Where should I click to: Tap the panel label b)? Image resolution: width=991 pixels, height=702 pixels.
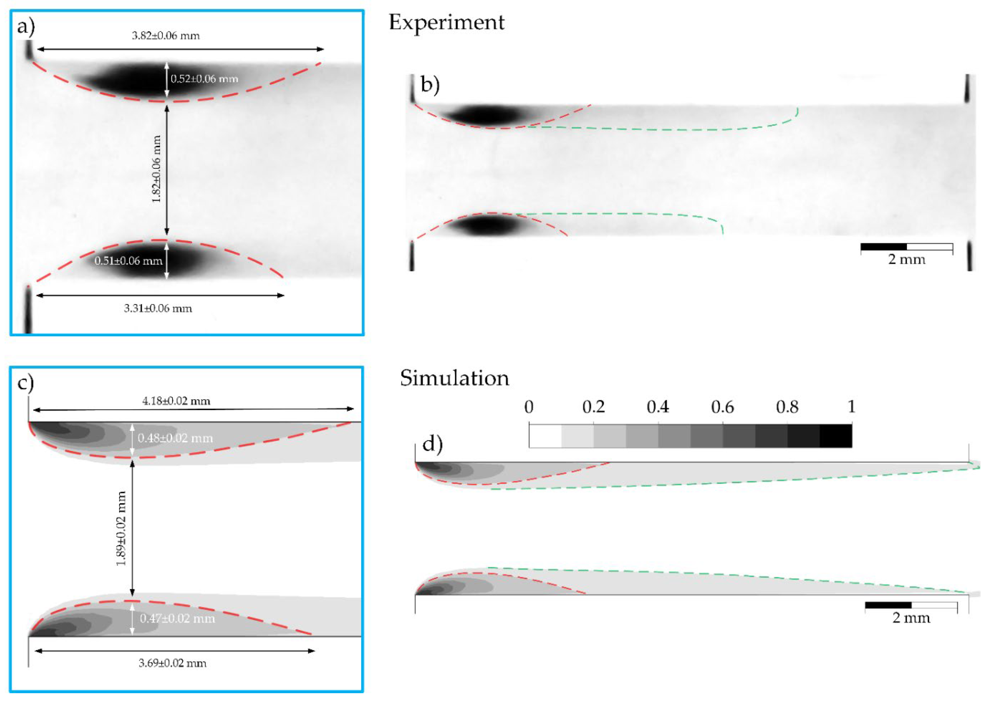[430, 85]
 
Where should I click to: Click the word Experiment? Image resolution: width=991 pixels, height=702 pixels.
[447, 22]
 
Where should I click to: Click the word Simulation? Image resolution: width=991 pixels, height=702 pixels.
[454, 378]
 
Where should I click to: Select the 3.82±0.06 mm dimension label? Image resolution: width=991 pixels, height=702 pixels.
[166, 36]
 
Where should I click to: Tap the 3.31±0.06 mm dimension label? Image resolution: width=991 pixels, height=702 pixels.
[158, 309]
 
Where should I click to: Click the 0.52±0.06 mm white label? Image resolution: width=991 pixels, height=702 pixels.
[204, 79]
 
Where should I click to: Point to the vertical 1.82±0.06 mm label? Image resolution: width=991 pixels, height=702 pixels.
[157, 169]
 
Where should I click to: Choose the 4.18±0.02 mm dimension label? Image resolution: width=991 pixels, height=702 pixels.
[176, 401]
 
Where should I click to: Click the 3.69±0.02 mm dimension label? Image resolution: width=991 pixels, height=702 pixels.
[172, 663]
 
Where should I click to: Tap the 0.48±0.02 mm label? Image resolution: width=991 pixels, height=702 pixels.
[175, 438]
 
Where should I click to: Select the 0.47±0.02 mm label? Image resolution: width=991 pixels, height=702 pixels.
[177, 619]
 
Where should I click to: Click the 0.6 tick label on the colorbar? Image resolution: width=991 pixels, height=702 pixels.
[722, 407]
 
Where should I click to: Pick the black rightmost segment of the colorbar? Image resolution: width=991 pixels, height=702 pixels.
[835, 436]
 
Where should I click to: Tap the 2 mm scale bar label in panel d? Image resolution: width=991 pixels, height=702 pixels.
[911, 618]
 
